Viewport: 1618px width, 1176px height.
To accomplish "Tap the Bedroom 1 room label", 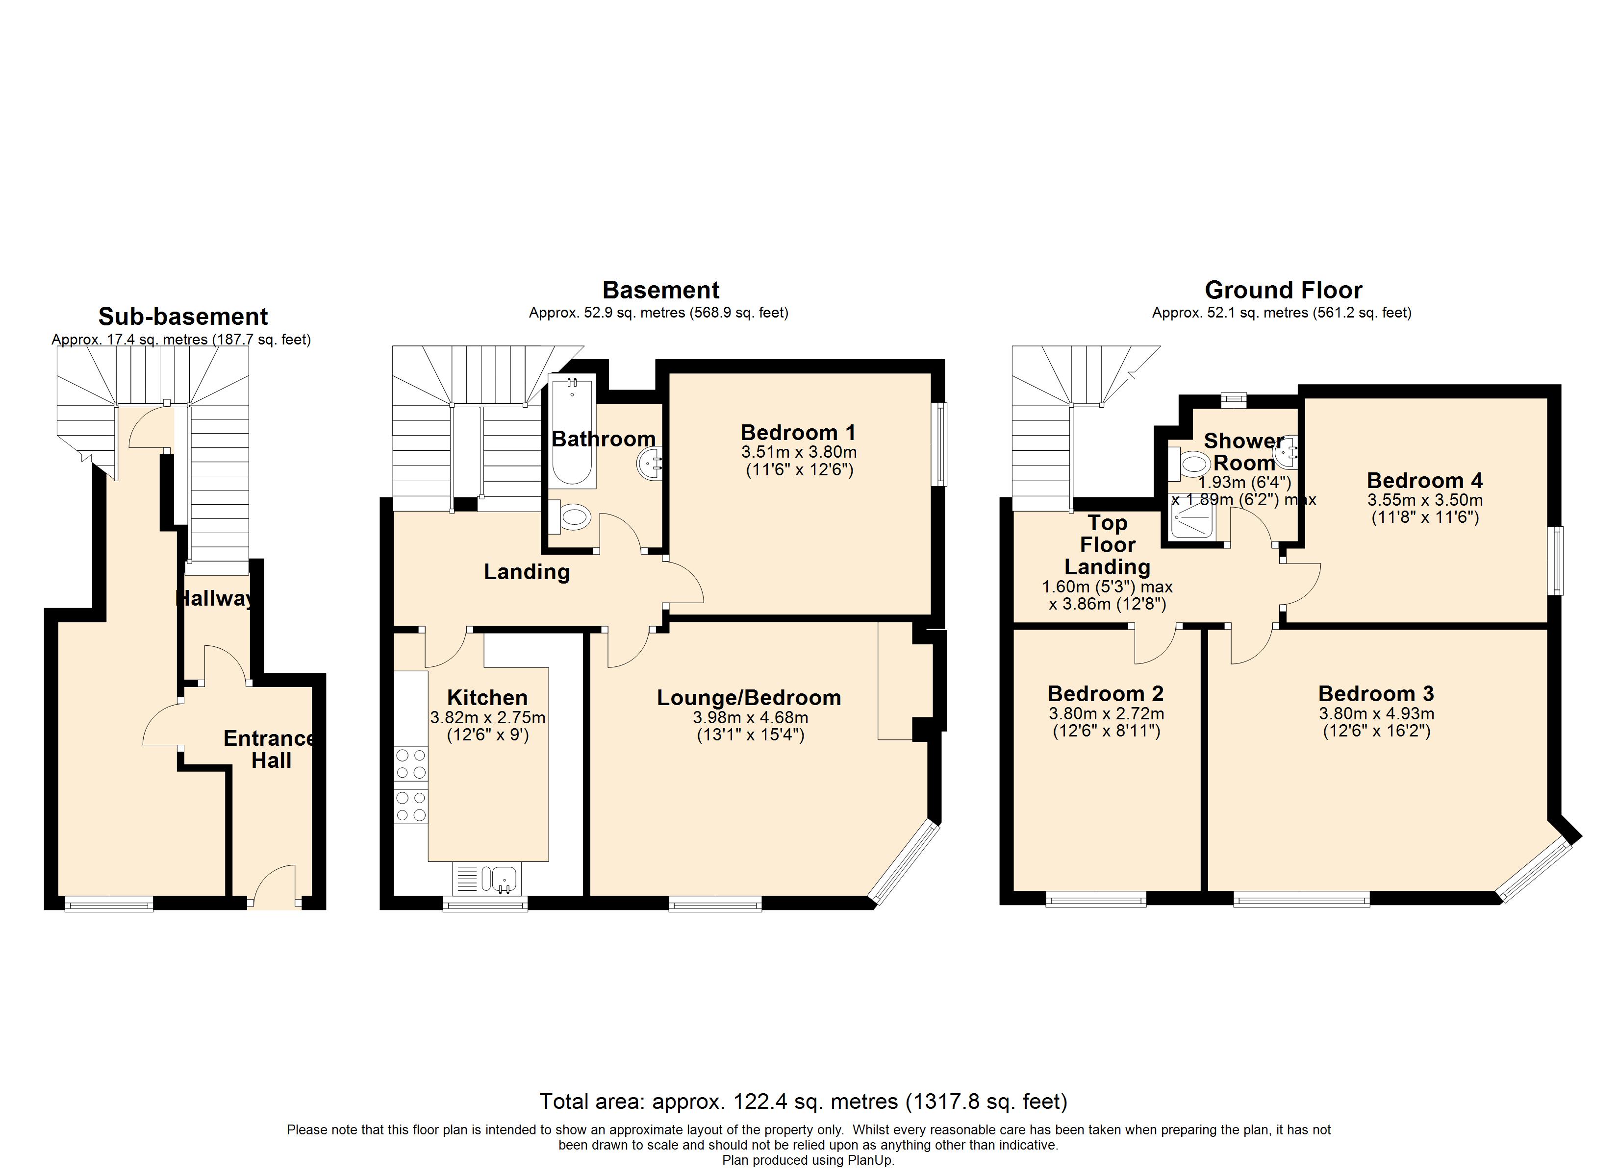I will pos(798,432).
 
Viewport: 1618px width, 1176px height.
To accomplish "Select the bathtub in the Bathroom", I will pos(571,432).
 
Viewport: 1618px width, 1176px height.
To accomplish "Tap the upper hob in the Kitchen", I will pos(411,764).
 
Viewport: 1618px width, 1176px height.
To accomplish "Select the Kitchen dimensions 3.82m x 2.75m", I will pos(487,717).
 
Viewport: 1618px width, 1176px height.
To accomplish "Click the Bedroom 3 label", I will pos(1375,693).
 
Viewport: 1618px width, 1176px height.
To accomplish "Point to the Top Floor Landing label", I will pos(1107,545).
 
